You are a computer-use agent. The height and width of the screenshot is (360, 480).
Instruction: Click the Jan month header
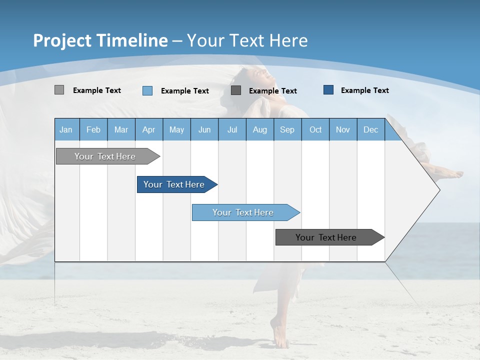point(66,129)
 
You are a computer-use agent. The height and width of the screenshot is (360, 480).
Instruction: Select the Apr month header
point(148,129)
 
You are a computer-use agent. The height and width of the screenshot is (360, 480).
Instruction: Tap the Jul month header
point(232,129)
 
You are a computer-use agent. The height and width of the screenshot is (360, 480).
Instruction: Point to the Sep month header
point(287,129)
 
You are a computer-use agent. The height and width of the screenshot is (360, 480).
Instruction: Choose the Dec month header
point(370,129)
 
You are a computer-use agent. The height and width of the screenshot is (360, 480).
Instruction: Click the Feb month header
point(93,129)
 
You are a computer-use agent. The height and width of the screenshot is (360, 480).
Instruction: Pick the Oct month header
point(315,129)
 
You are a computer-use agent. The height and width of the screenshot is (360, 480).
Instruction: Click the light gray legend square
point(59,90)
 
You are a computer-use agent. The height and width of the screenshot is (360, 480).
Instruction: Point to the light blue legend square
point(147,90)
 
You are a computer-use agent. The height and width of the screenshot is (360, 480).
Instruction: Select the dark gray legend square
point(236,90)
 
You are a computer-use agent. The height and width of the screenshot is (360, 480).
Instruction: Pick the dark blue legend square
point(328,90)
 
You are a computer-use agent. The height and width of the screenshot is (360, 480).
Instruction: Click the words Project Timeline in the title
point(100,40)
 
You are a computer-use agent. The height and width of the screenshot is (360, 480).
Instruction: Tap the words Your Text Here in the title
point(247,40)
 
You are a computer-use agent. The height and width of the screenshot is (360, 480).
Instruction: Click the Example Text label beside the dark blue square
point(364,90)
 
